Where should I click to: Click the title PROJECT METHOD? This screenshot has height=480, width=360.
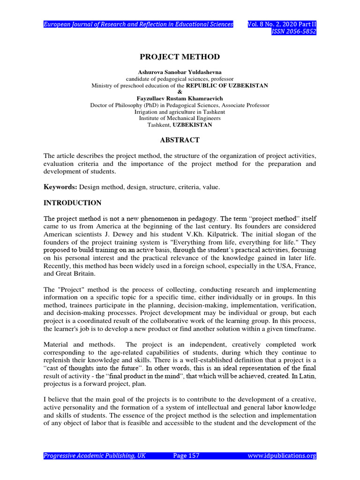(x=180, y=57)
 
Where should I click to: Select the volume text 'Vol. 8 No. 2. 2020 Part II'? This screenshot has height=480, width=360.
(x=282, y=24)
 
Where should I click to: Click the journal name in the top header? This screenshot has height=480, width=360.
(x=138, y=24)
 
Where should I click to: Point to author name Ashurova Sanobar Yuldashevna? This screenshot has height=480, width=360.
(x=180, y=73)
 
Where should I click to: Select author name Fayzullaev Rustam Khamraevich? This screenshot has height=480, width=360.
(x=180, y=99)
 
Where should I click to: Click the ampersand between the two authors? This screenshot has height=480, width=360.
(x=180, y=92)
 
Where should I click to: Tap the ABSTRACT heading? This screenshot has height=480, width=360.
(x=180, y=140)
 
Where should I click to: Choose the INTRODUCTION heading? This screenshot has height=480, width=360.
(x=72, y=203)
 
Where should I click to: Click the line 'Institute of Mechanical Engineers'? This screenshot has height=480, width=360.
(x=180, y=119)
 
